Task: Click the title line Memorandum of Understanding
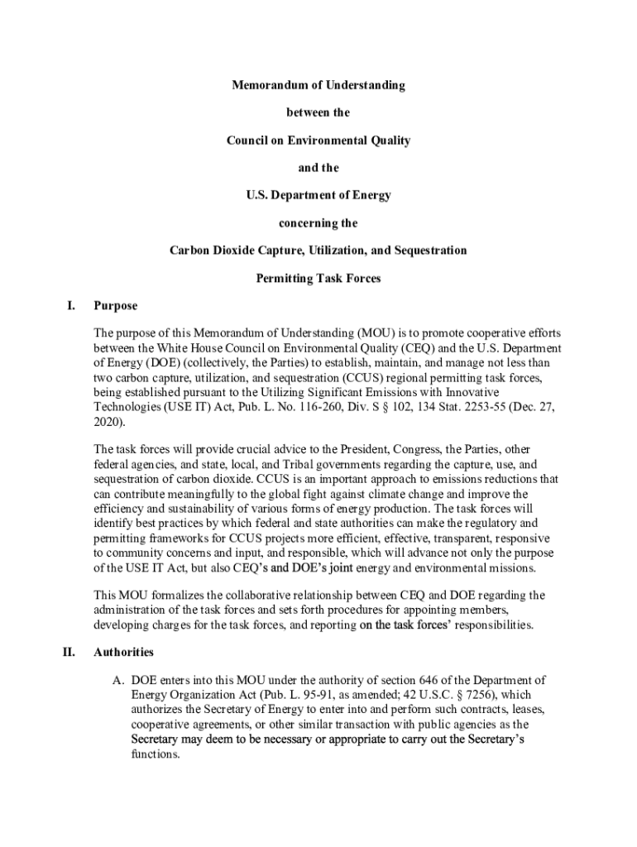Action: pyautogui.click(x=318, y=85)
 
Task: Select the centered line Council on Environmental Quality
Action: pyautogui.click(x=318, y=141)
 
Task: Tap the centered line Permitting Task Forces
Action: pyautogui.click(x=318, y=278)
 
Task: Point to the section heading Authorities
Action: pyautogui.click(x=123, y=653)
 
